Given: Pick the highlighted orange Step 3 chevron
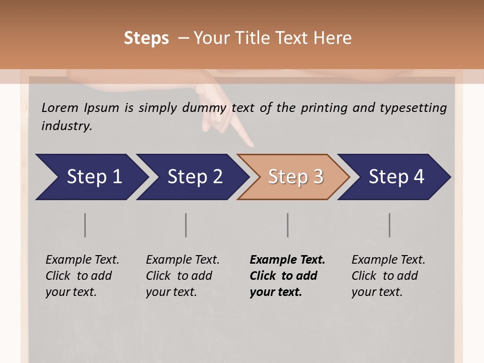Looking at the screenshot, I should click(294, 177).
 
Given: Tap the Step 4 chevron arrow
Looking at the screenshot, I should click(395, 177).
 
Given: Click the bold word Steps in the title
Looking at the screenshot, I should click(146, 38).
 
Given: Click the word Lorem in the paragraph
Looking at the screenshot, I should click(60, 107).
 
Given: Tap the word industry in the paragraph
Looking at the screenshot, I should click(67, 126).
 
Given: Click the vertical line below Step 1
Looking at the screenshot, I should click(85, 225).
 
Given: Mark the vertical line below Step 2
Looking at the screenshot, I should click(186, 225).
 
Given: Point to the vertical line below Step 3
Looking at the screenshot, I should click(287, 225).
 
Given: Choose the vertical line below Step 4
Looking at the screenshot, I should click(389, 225).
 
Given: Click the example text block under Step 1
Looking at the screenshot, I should click(82, 276).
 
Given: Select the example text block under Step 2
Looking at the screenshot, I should click(183, 276).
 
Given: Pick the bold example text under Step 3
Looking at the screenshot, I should click(287, 276).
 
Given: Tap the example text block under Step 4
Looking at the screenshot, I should click(388, 276).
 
